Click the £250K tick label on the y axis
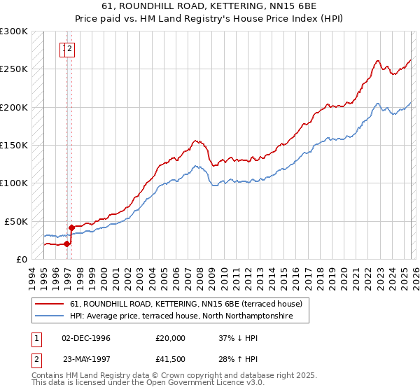coord(14,69)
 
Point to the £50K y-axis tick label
coord(16,221)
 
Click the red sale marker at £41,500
coord(72,227)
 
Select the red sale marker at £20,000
coord(67,244)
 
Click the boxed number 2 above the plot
coord(71,49)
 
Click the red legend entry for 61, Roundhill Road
coord(185,304)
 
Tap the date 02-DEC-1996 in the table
coord(86,337)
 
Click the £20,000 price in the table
coord(171,337)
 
